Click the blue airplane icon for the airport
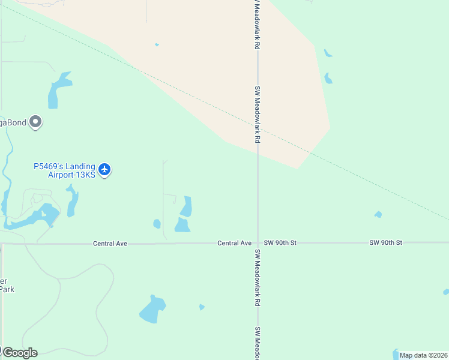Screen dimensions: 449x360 point(105,170)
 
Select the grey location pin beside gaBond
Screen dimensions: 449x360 point(36,122)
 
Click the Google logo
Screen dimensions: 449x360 point(20,352)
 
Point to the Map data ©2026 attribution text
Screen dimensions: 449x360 point(424,355)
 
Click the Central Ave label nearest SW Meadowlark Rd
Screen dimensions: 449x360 point(234,243)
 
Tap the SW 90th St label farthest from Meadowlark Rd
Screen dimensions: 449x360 point(385,242)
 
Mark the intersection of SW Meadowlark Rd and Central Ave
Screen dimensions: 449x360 point(258,243)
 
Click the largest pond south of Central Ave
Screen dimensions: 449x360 point(153,310)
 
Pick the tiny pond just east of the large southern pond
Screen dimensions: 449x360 point(202,307)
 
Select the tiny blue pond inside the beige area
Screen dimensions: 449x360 point(157,44)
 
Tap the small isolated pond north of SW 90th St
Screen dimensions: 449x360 point(378,214)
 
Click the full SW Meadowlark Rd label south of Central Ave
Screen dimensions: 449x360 point(258,278)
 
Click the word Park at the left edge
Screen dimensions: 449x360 point(7,289)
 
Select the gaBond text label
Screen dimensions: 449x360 point(13,122)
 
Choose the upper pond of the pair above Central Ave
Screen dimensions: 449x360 point(187,206)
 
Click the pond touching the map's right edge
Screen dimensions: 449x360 point(445,292)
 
